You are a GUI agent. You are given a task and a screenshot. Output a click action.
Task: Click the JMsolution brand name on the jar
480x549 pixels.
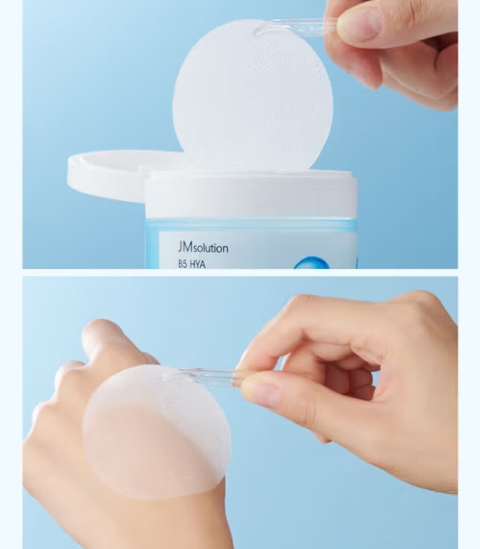[x=203, y=248]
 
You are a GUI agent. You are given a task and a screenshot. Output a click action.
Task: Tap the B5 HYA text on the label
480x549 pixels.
[x=192, y=264]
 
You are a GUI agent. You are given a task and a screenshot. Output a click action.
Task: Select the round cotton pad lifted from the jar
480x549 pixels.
[x=252, y=97]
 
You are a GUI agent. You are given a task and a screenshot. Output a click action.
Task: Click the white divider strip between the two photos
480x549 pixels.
[x=240, y=273]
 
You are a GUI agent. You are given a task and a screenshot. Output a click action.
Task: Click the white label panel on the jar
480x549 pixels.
[x=257, y=250]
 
